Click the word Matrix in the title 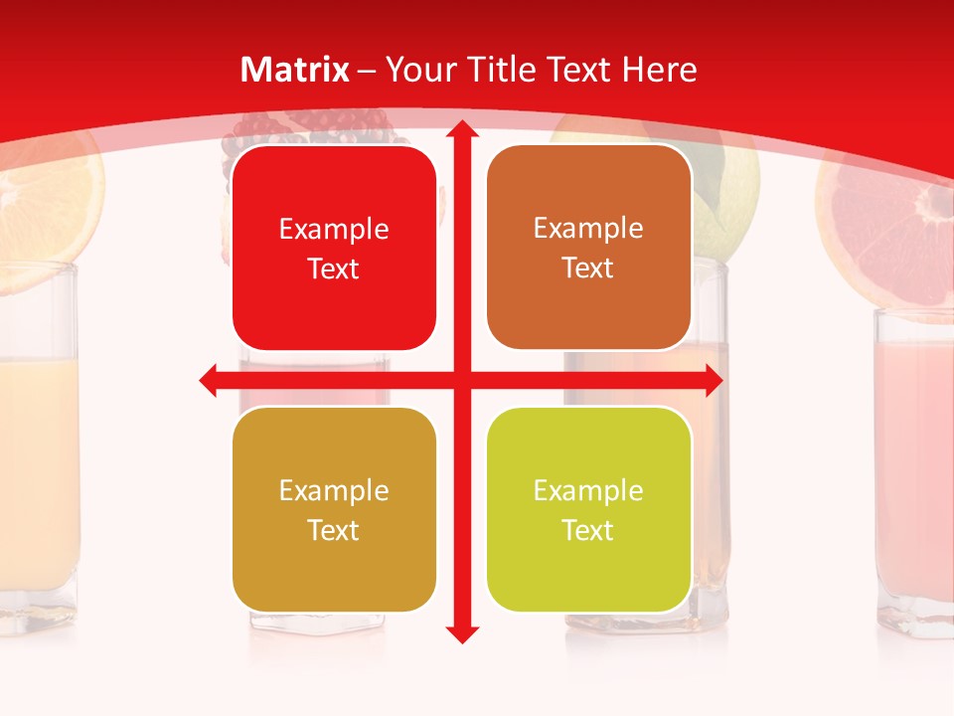295,70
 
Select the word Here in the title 660,70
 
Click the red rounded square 334,249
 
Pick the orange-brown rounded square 588,248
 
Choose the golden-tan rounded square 334,509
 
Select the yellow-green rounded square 588,509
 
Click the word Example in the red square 334,230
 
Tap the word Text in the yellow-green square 588,530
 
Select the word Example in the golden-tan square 334,491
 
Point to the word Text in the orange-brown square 588,268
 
